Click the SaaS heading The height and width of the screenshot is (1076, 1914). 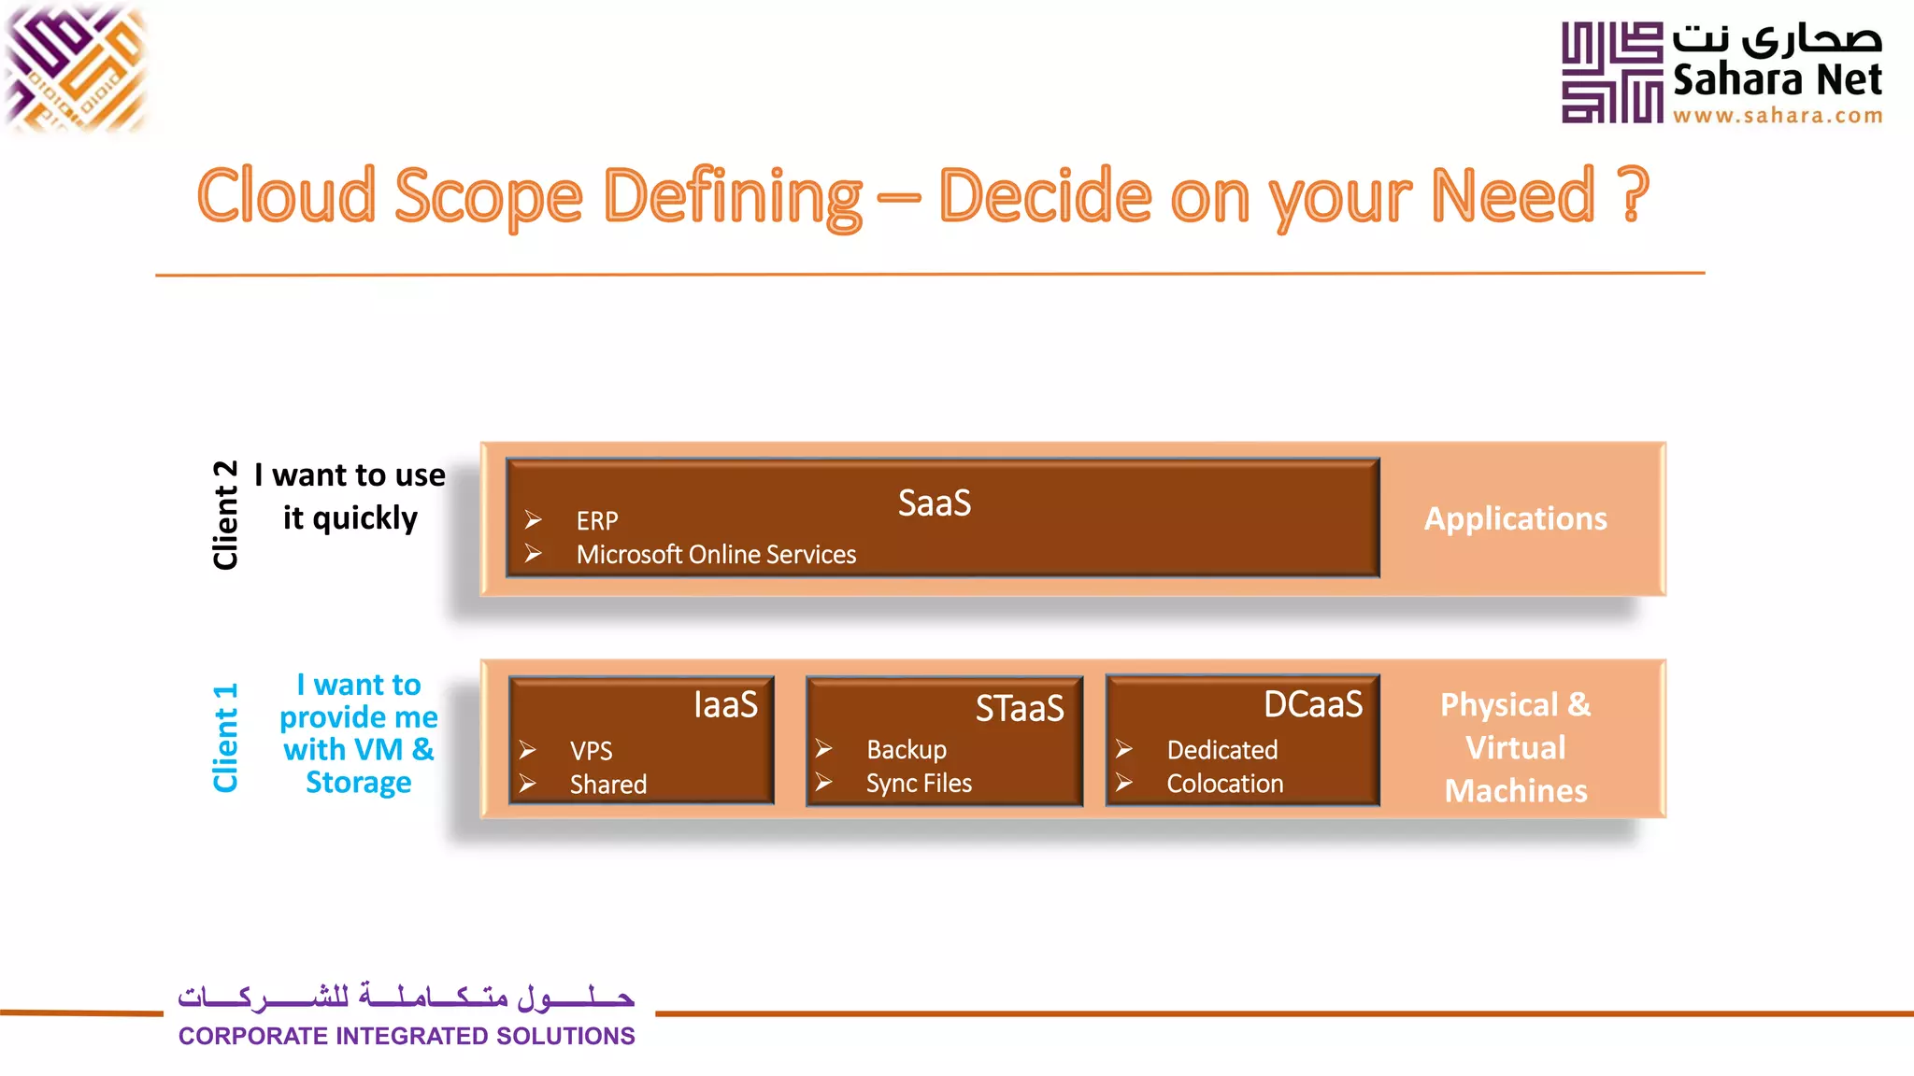point(934,503)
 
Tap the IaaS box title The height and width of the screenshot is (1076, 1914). point(725,705)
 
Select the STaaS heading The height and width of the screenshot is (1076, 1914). point(1019,709)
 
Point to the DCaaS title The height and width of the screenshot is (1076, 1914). point(1312,705)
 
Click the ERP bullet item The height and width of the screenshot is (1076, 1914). point(597,521)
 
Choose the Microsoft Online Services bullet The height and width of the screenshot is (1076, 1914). point(716,555)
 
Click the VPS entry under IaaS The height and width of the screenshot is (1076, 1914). point(591,751)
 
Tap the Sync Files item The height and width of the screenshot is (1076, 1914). point(919,784)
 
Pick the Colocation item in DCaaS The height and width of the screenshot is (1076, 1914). point(1224,784)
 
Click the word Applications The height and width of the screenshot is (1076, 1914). point(1515,519)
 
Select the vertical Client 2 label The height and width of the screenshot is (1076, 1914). point(226,515)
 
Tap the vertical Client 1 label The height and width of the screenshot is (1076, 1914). point(226,738)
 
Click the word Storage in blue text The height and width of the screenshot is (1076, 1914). point(358,783)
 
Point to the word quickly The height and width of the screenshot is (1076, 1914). point(364,518)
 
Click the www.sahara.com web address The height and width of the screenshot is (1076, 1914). point(1777,116)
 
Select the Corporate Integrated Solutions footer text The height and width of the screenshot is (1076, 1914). point(407,1036)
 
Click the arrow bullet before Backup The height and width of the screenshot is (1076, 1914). point(823,749)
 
